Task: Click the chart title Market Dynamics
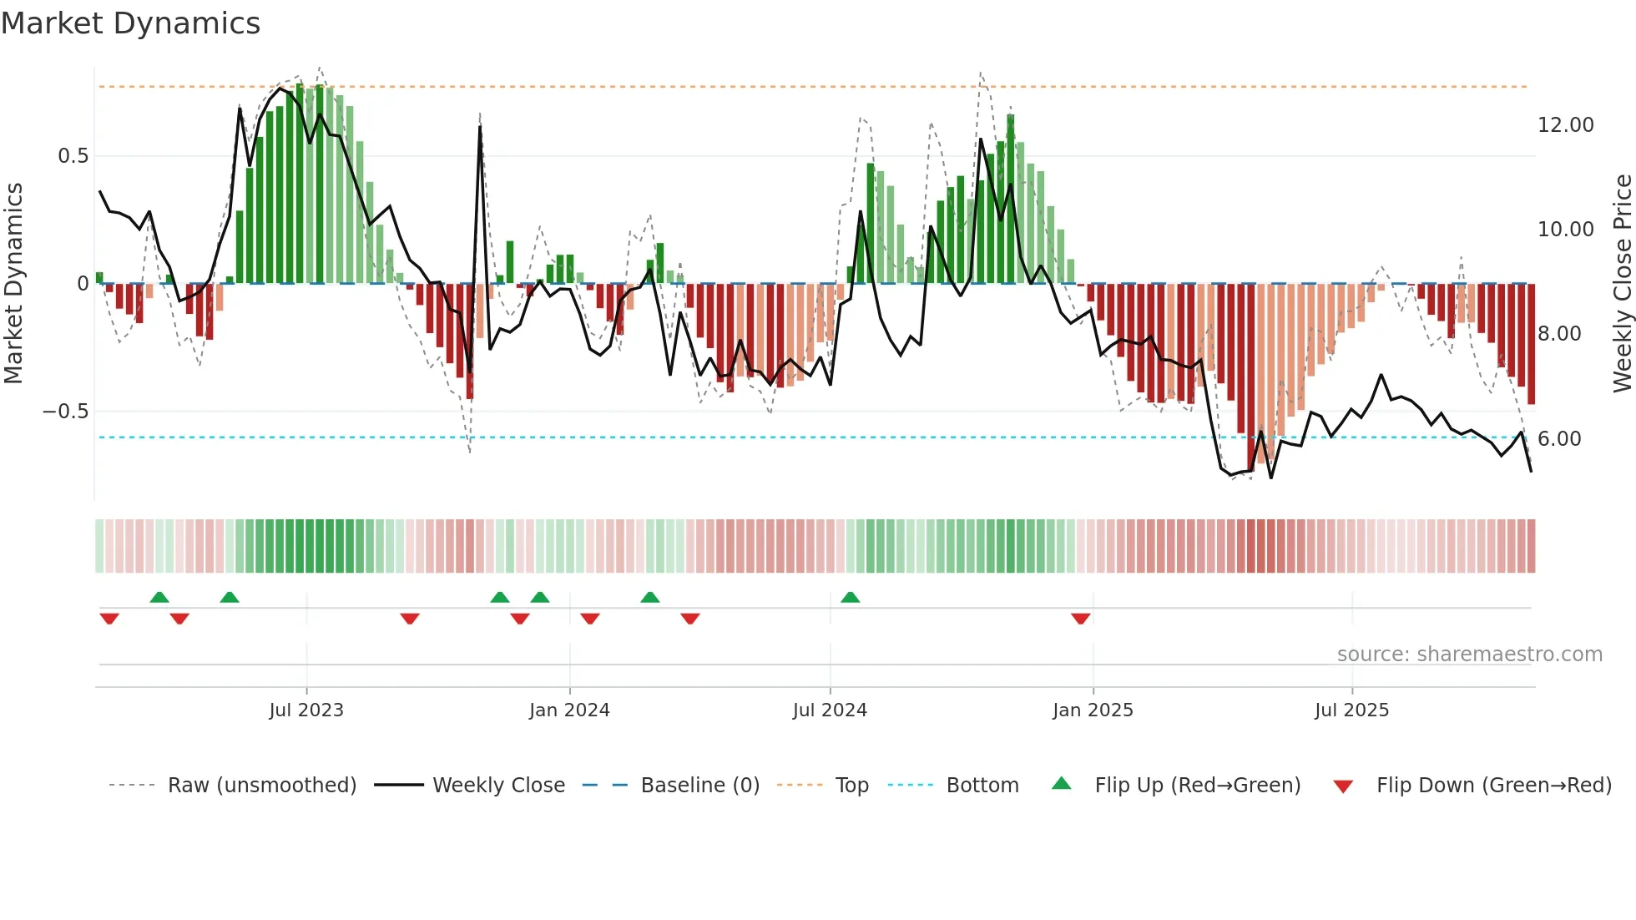131,23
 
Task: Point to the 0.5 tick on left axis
73,156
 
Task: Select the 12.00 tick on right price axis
1565,125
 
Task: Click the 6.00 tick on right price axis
1559,439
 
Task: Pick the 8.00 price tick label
1559,334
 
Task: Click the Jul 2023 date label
306,710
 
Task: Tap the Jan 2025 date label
1093,710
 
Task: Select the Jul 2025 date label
1351,710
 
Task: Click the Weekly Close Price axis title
1622,284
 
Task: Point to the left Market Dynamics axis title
13,284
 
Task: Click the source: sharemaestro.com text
1469,655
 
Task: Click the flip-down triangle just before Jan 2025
1080,619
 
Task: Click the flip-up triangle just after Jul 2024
850,597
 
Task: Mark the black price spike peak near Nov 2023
480,127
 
